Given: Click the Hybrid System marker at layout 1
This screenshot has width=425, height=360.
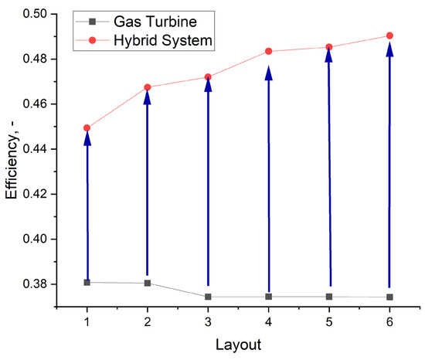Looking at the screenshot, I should click(x=87, y=127).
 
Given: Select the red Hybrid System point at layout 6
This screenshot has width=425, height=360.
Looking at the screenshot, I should click(x=389, y=36).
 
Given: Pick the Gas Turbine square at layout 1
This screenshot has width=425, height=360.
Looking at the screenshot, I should click(x=87, y=282).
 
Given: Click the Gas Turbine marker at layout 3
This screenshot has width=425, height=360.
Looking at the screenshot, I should click(x=208, y=297).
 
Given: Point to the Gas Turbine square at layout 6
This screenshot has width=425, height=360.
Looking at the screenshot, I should click(x=389, y=297).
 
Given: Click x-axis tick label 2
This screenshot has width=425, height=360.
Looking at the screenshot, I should click(x=148, y=320).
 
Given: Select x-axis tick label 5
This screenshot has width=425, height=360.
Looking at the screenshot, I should click(x=329, y=320).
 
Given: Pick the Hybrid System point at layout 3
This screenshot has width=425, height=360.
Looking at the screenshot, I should click(x=208, y=76).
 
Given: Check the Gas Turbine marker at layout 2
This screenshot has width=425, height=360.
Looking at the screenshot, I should click(x=148, y=283).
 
